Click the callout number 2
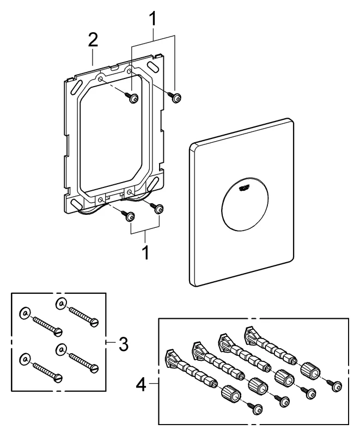(x=93, y=40)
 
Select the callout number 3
(x=124, y=344)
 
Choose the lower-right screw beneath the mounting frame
(x=158, y=208)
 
